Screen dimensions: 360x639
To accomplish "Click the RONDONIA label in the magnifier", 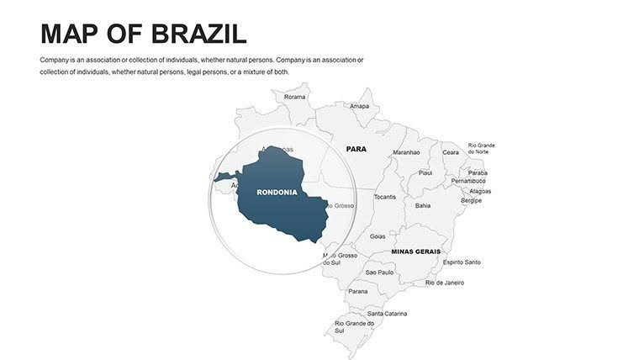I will coord(277,192).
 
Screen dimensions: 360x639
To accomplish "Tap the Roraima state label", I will coord(295,97).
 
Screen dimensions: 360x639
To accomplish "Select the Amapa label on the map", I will coord(360,106).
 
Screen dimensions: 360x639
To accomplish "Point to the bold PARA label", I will coord(356,149).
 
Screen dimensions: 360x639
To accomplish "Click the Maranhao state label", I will coord(406,152).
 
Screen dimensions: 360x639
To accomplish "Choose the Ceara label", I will coord(452,152).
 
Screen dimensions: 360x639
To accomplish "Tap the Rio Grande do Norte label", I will coord(481,148).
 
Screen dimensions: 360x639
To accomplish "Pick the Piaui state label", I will coord(425,172).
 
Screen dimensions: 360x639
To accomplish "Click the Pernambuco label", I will coord(468,181).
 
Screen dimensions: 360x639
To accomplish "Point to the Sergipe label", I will coord(472,200).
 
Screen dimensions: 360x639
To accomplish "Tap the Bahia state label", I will coord(423,204).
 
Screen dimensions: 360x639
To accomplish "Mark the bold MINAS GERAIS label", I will coord(415,251).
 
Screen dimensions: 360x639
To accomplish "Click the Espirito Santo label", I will coord(462,262).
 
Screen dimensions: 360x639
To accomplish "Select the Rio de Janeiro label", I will coord(445,283).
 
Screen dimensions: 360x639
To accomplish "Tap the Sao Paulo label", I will coord(379,272).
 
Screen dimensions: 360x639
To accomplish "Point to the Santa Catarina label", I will coord(387,314).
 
